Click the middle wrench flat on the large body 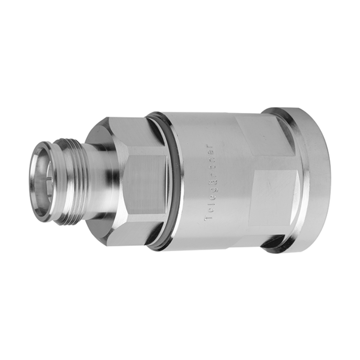pyautogui.click(x=274, y=193)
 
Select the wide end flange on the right pyautogui.click(x=315, y=180)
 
